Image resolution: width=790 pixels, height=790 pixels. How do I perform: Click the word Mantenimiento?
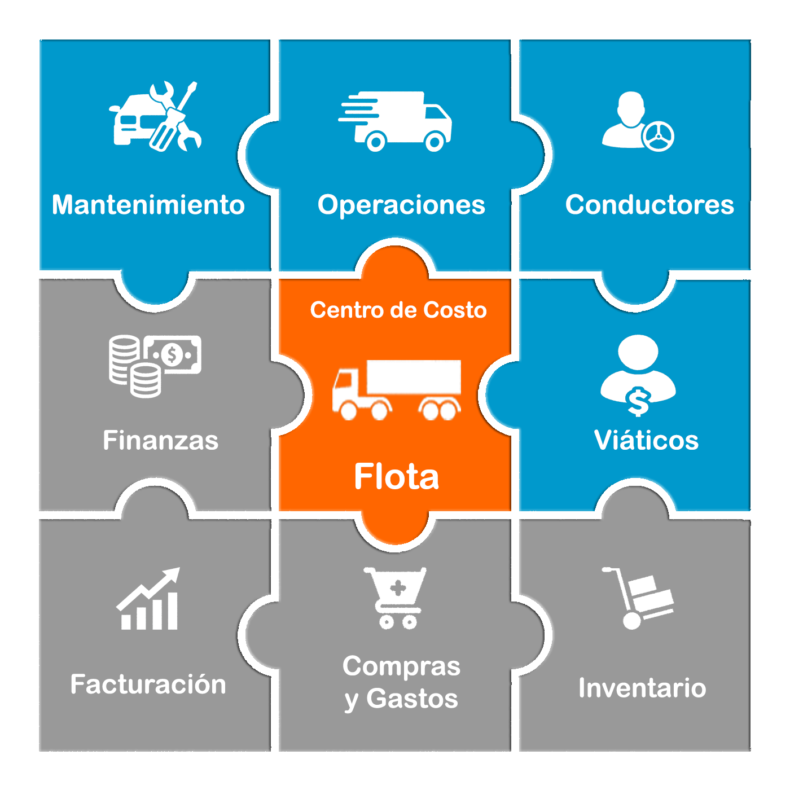pyautogui.click(x=148, y=205)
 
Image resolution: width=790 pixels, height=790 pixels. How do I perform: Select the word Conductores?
pyautogui.click(x=649, y=205)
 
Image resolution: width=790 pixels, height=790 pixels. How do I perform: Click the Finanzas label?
pyautogui.click(x=161, y=440)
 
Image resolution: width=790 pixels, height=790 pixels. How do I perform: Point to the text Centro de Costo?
pyautogui.click(x=398, y=310)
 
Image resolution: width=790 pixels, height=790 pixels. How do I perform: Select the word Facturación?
pyautogui.click(x=148, y=684)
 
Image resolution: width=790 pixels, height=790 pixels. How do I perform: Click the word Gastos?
pyautogui.click(x=412, y=699)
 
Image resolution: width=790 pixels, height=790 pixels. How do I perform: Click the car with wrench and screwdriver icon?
pyautogui.click(x=155, y=116)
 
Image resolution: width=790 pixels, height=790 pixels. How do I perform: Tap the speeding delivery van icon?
pyautogui.click(x=395, y=121)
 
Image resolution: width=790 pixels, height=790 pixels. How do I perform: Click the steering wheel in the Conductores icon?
pyautogui.click(x=658, y=137)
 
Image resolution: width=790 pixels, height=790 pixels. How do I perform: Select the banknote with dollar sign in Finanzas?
pyautogui.click(x=172, y=354)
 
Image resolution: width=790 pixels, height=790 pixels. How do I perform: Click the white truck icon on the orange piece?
pyautogui.click(x=397, y=390)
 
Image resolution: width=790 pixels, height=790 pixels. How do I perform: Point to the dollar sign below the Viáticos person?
pyautogui.click(x=638, y=401)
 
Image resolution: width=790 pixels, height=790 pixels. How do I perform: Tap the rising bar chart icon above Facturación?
pyautogui.click(x=148, y=598)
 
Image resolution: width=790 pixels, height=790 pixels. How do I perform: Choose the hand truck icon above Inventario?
pyautogui.click(x=638, y=598)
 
